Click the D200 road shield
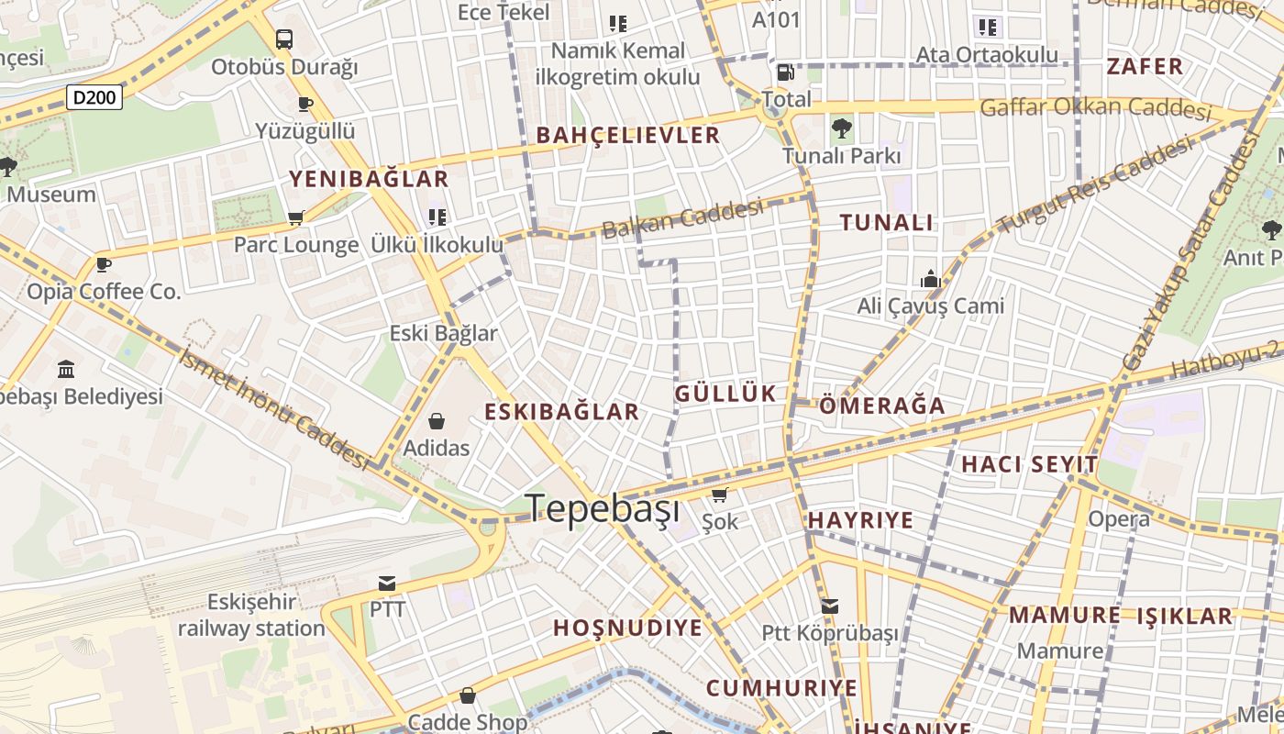tap(94, 96)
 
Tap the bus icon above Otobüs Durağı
tap(284, 39)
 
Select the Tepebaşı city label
tap(603, 508)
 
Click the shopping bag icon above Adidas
tap(437, 421)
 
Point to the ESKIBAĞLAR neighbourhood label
tap(561, 411)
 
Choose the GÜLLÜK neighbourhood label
tap(725, 394)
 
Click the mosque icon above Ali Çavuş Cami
tap(931, 279)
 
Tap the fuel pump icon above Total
tap(785, 72)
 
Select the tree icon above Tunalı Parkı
tap(841, 128)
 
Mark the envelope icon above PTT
tap(387, 583)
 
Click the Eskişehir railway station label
tap(251, 616)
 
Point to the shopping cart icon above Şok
tap(719, 495)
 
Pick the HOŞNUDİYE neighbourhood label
tap(627, 628)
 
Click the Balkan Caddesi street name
tap(683, 218)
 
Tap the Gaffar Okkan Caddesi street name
tap(1096, 108)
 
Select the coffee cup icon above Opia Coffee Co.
tap(104, 264)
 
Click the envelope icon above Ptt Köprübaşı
tap(830, 606)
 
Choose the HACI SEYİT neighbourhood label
tap(1029, 464)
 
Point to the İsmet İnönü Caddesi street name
tap(274, 408)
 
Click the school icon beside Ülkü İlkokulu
tap(437, 217)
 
